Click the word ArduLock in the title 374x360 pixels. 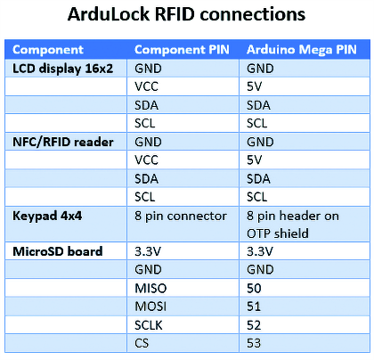click(x=109, y=14)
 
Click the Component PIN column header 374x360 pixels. click(x=182, y=50)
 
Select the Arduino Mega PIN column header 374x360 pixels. click(x=302, y=50)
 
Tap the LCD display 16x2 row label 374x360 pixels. click(x=62, y=69)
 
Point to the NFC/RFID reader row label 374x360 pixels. click(x=63, y=142)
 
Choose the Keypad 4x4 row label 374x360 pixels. click(x=47, y=216)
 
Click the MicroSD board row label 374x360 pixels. click(x=58, y=251)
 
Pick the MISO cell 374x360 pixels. click(x=150, y=288)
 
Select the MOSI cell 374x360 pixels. click(x=150, y=307)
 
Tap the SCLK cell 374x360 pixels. click(x=149, y=325)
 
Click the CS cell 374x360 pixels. click(x=142, y=343)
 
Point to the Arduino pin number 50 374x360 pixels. click(x=254, y=288)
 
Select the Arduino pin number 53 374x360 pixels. click(x=254, y=343)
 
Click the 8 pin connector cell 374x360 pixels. click(x=181, y=216)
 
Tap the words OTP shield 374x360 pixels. click(x=278, y=233)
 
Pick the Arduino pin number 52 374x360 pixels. click(x=254, y=325)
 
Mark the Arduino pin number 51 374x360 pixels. click(x=254, y=307)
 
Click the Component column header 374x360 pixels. click(x=48, y=50)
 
